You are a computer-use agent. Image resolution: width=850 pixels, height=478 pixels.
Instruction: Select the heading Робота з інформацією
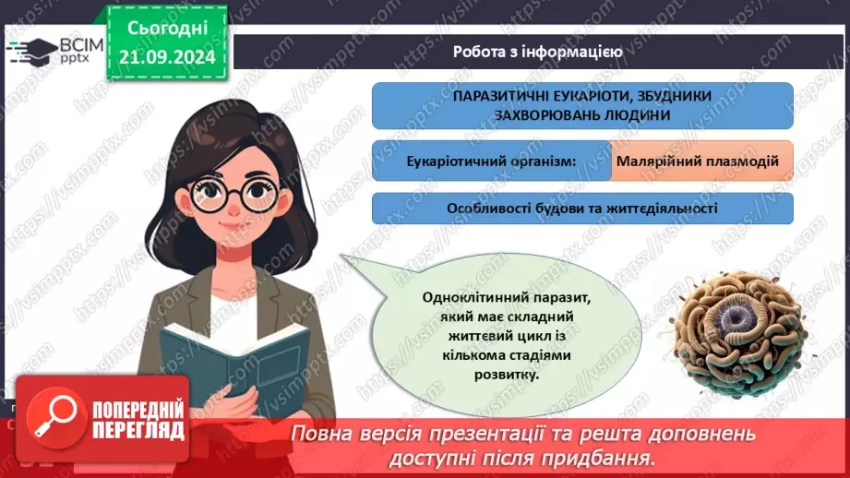tap(537, 52)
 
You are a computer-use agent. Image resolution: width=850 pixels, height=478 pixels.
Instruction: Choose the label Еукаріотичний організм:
tap(491, 161)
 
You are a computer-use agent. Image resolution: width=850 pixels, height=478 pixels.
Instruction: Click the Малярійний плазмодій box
tap(700, 161)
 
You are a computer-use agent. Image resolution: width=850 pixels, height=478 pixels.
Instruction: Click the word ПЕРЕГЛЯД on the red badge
tap(138, 430)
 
